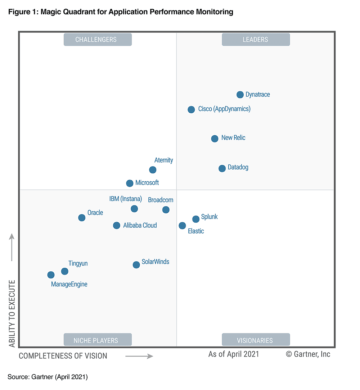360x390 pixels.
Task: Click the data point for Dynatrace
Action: [240, 95]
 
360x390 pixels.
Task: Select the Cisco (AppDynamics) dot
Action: [191, 110]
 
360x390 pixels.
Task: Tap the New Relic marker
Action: [215, 139]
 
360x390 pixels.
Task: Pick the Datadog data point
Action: [222, 168]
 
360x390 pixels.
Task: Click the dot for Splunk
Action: [196, 219]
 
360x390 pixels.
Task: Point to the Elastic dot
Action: [182, 226]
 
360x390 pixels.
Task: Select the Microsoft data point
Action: [129, 183]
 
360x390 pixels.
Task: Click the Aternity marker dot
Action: [152, 170]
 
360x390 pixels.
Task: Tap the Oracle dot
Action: [82, 217]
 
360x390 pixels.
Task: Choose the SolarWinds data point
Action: [136, 265]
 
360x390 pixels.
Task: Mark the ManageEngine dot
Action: [50, 275]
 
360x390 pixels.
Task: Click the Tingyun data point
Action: [65, 271]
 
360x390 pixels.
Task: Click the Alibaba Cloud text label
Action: [140, 226]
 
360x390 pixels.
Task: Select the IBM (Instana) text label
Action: [125, 199]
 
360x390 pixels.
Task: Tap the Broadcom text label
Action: [160, 200]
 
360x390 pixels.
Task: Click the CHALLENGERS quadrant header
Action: [97, 40]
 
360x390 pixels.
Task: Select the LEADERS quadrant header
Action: [256, 40]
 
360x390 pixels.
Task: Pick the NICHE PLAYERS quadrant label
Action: [97, 339]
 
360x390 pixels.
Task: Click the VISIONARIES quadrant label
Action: [256, 339]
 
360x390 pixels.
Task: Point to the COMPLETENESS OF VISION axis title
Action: [65, 356]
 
